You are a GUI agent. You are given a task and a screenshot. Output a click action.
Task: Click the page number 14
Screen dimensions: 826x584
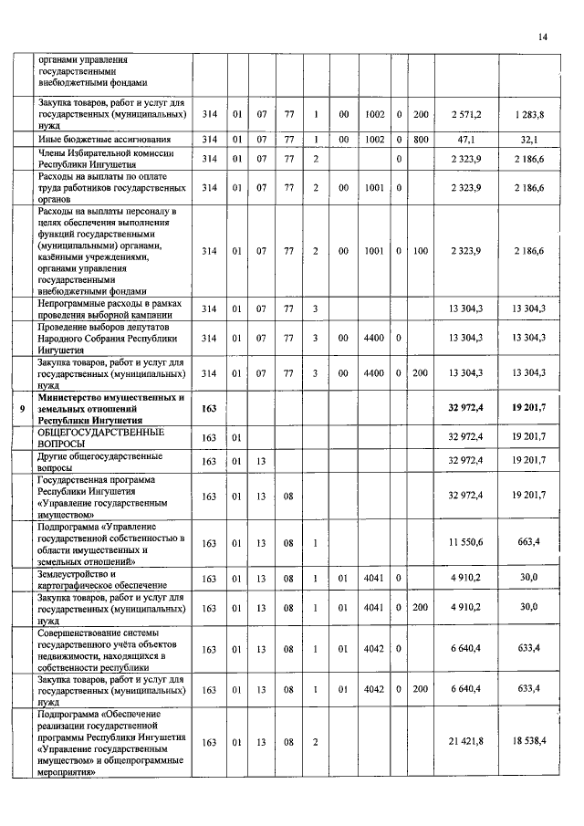542,37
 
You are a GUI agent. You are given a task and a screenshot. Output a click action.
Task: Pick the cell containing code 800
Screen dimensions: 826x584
420,139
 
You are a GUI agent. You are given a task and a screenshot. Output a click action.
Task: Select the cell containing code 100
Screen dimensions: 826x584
420,250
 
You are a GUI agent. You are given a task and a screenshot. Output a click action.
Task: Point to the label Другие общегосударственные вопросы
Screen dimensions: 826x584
100,461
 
